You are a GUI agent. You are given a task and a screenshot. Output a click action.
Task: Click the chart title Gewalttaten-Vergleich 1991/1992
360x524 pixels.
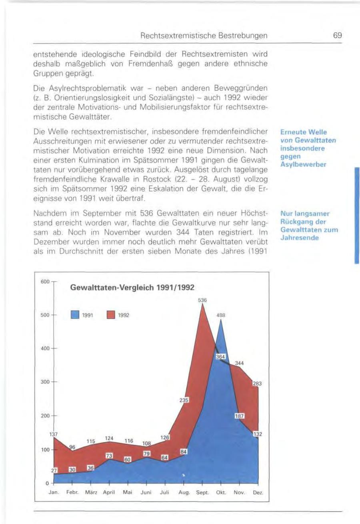(132, 288)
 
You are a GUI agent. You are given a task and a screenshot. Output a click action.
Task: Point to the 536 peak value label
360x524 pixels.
(203, 300)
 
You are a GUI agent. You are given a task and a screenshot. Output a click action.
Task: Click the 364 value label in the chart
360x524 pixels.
(221, 357)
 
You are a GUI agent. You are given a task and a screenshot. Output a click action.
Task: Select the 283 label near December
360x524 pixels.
(256, 384)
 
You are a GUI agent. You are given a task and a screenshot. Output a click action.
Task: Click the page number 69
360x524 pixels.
(338, 35)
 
